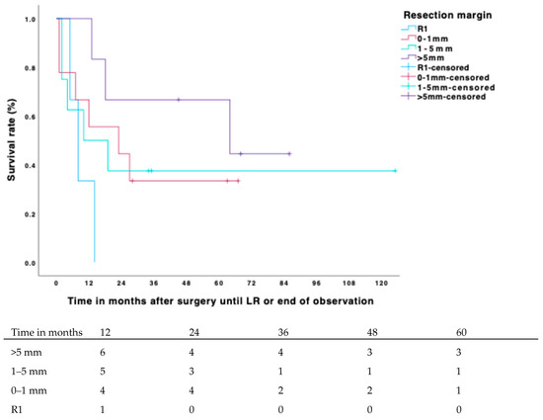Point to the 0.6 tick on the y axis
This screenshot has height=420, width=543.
(x=32, y=117)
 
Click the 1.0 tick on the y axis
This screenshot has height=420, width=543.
(x=32, y=20)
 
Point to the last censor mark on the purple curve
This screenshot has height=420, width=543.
(x=289, y=153)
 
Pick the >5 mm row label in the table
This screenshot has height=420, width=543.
(x=30, y=353)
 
